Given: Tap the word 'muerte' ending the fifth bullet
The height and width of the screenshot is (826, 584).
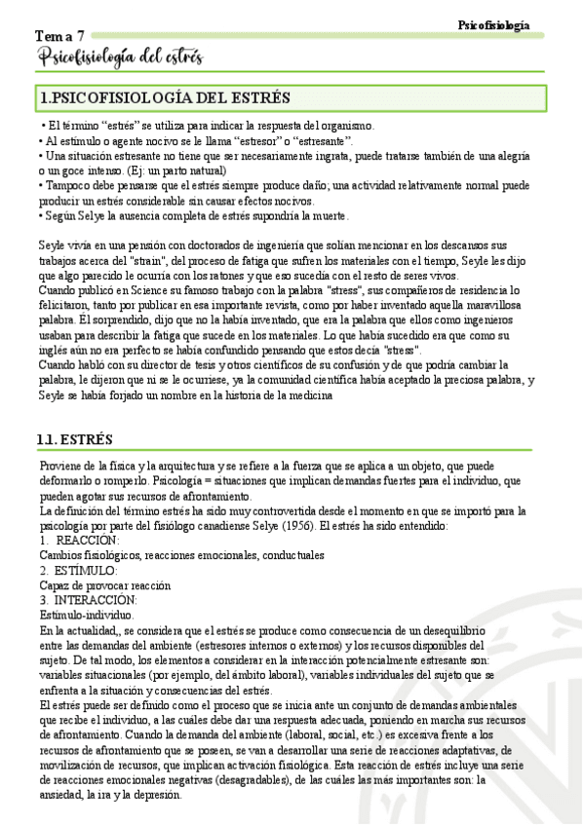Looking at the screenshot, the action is [326, 215].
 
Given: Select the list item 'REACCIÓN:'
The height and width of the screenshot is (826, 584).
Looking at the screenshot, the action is [88, 541].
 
